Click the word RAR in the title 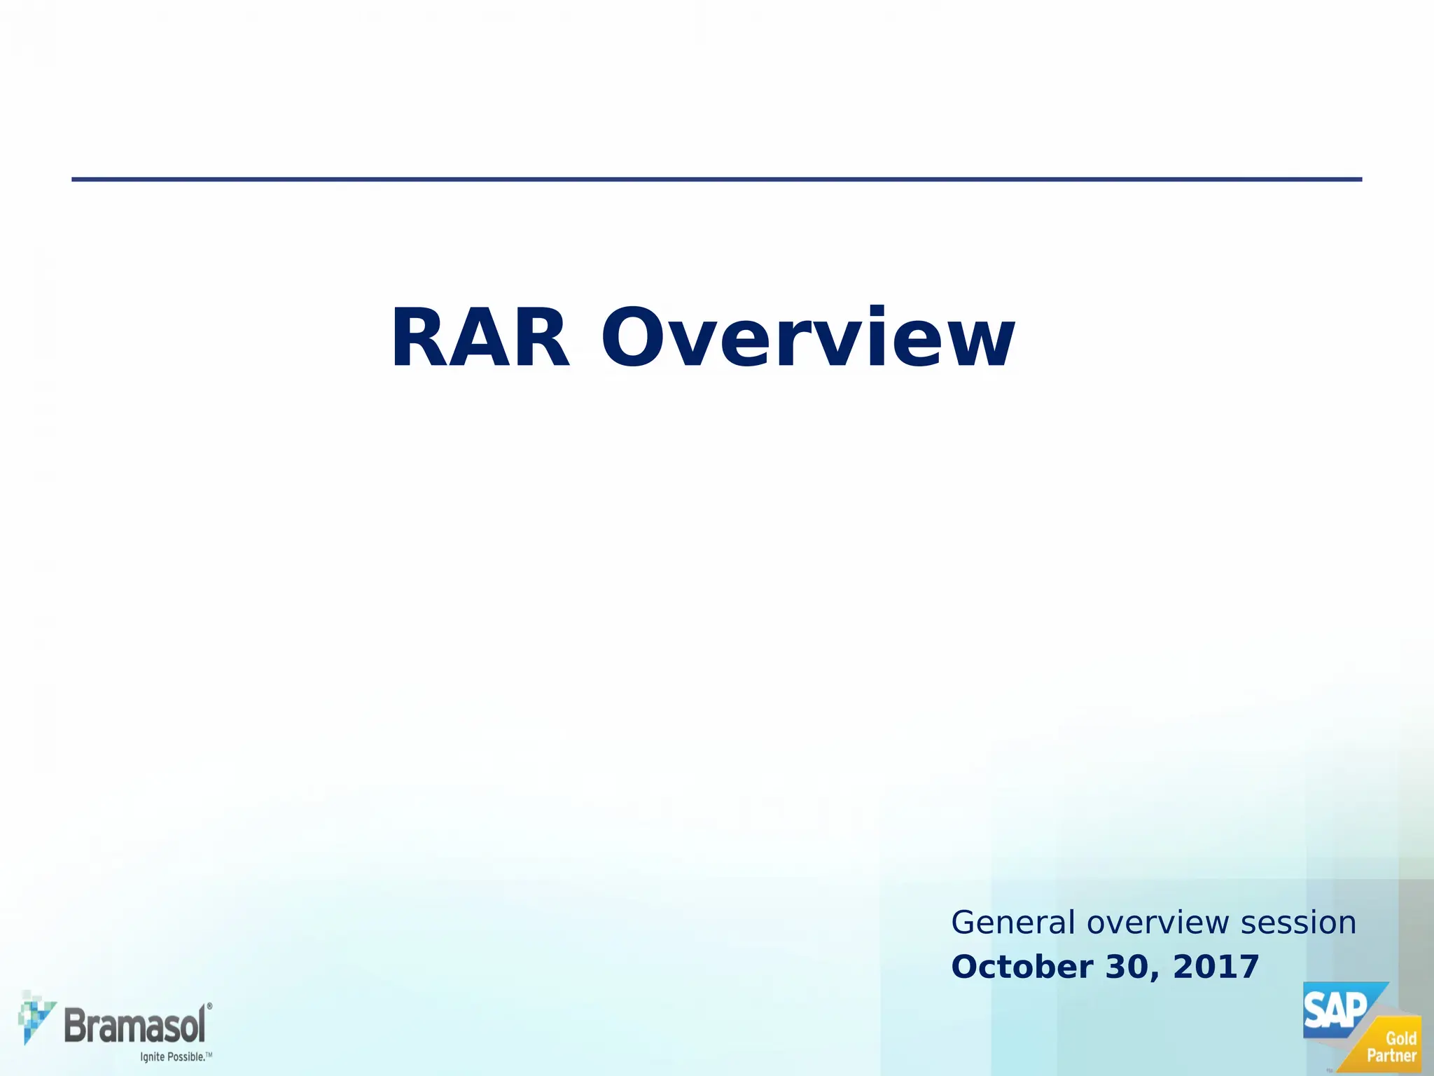pos(480,339)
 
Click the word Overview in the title pos(808,339)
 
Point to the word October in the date pos(1022,967)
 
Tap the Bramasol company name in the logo pos(134,1026)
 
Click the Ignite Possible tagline pos(172,1056)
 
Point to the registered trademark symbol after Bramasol pos(209,1005)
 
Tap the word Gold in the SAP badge pos(1401,1039)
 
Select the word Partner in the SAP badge pos(1391,1056)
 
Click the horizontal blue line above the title pos(716,179)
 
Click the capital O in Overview pos(632,338)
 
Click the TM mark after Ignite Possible pos(209,1054)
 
